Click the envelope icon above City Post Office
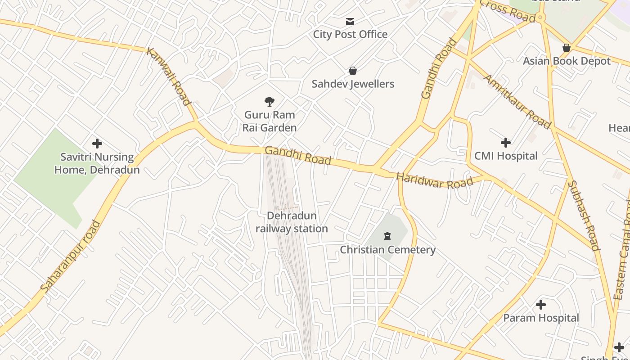click(x=350, y=22)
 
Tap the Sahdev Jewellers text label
click(x=353, y=84)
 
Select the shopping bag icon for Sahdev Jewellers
click(x=353, y=71)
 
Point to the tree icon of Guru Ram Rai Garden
click(x=269, y=102)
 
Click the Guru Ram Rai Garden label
click(x=269, y=121)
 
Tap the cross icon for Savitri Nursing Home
click(x=97, y=144)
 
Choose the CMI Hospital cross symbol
click(x=505, y=143)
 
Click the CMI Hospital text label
click(x=505, y=156)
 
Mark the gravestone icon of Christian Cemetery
click(x=387, y=236)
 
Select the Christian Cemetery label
click(x=387, y=250)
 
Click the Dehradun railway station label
click(x=292, y=222)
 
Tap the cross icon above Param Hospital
click(x=540, y=305)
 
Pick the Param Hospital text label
click(x=541, y=318)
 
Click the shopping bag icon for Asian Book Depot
click(x=567, y=48)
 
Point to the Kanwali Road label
click(x=169, y=76)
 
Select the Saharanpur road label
click(x=70, y=256)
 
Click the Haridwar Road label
click(x=435, y=181)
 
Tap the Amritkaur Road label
click(x=517, y=101)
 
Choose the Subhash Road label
click(x=584, y=215)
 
